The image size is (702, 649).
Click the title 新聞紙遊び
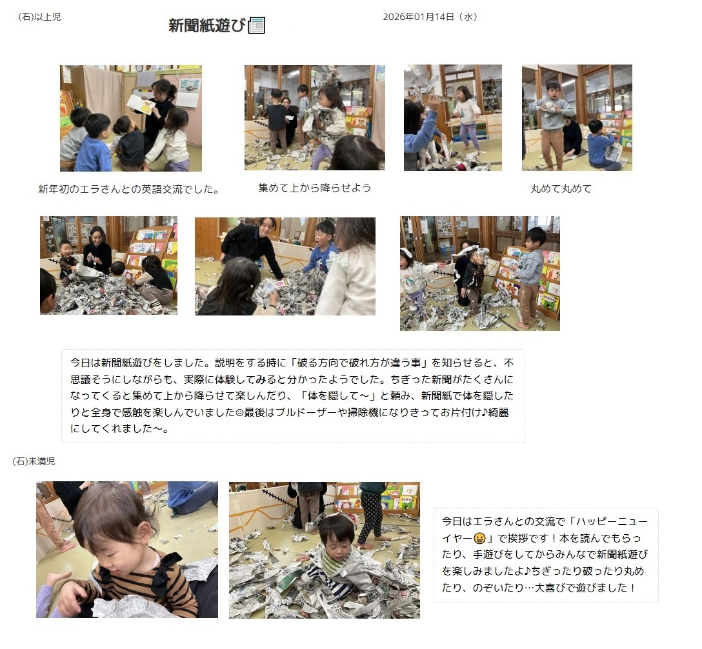207,26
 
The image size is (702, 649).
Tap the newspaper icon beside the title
257,26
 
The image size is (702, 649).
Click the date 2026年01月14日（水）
430,17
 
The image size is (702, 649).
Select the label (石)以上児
39,17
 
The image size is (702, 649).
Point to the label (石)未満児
34,461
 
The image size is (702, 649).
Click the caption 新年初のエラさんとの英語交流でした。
129,189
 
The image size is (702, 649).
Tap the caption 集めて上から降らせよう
315,188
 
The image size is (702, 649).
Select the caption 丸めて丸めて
561,189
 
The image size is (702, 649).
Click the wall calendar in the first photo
189,93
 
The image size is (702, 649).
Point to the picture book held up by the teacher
141,105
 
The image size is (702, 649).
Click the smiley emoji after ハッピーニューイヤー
479,538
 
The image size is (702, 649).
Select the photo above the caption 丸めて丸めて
577,117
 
